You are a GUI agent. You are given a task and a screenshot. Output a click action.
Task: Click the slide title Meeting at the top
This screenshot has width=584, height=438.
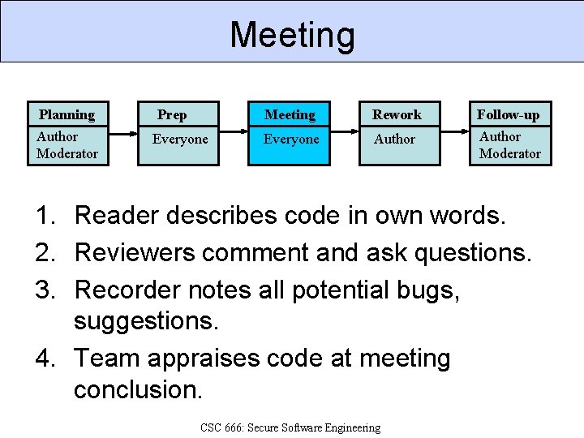point(292,35)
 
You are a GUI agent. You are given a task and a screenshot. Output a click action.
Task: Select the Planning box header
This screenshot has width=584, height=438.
point(67,114)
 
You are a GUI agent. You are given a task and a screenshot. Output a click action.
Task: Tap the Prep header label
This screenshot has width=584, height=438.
point(171,114)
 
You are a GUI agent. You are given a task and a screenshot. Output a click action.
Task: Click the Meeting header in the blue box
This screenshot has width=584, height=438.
point(290,114)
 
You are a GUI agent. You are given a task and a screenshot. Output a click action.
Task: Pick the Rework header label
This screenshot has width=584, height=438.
point(397,114)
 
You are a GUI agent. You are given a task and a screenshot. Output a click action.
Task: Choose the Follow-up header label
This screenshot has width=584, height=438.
point(508,114)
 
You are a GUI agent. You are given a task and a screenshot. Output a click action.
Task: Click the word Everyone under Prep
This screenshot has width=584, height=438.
point(180,140)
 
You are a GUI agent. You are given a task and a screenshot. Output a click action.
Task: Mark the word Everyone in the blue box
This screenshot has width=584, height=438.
point(291,140)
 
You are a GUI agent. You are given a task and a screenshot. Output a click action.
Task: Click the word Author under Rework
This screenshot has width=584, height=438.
point(394,140)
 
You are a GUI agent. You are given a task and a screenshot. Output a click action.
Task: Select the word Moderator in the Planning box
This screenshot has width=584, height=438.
point(67,153)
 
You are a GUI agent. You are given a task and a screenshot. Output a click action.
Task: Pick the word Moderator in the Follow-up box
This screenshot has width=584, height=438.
point(509,153)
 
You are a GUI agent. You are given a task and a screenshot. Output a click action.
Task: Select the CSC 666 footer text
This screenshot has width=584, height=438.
point(290,427)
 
